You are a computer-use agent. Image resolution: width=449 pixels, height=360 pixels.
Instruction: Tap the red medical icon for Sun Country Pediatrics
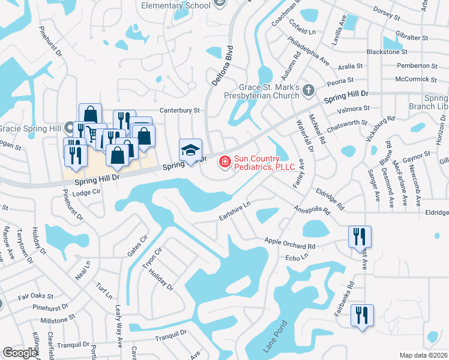point(225,161)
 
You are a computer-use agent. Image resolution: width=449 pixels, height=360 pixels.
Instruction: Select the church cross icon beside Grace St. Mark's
point(308,91)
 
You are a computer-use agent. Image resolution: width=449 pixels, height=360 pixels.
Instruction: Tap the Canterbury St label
point(179,110)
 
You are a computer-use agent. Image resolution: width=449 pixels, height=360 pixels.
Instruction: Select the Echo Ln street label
point(297,257)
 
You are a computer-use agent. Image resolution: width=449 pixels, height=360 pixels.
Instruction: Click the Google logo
point(20,353)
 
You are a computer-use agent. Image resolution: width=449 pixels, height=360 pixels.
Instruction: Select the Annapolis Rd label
point(312,211)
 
